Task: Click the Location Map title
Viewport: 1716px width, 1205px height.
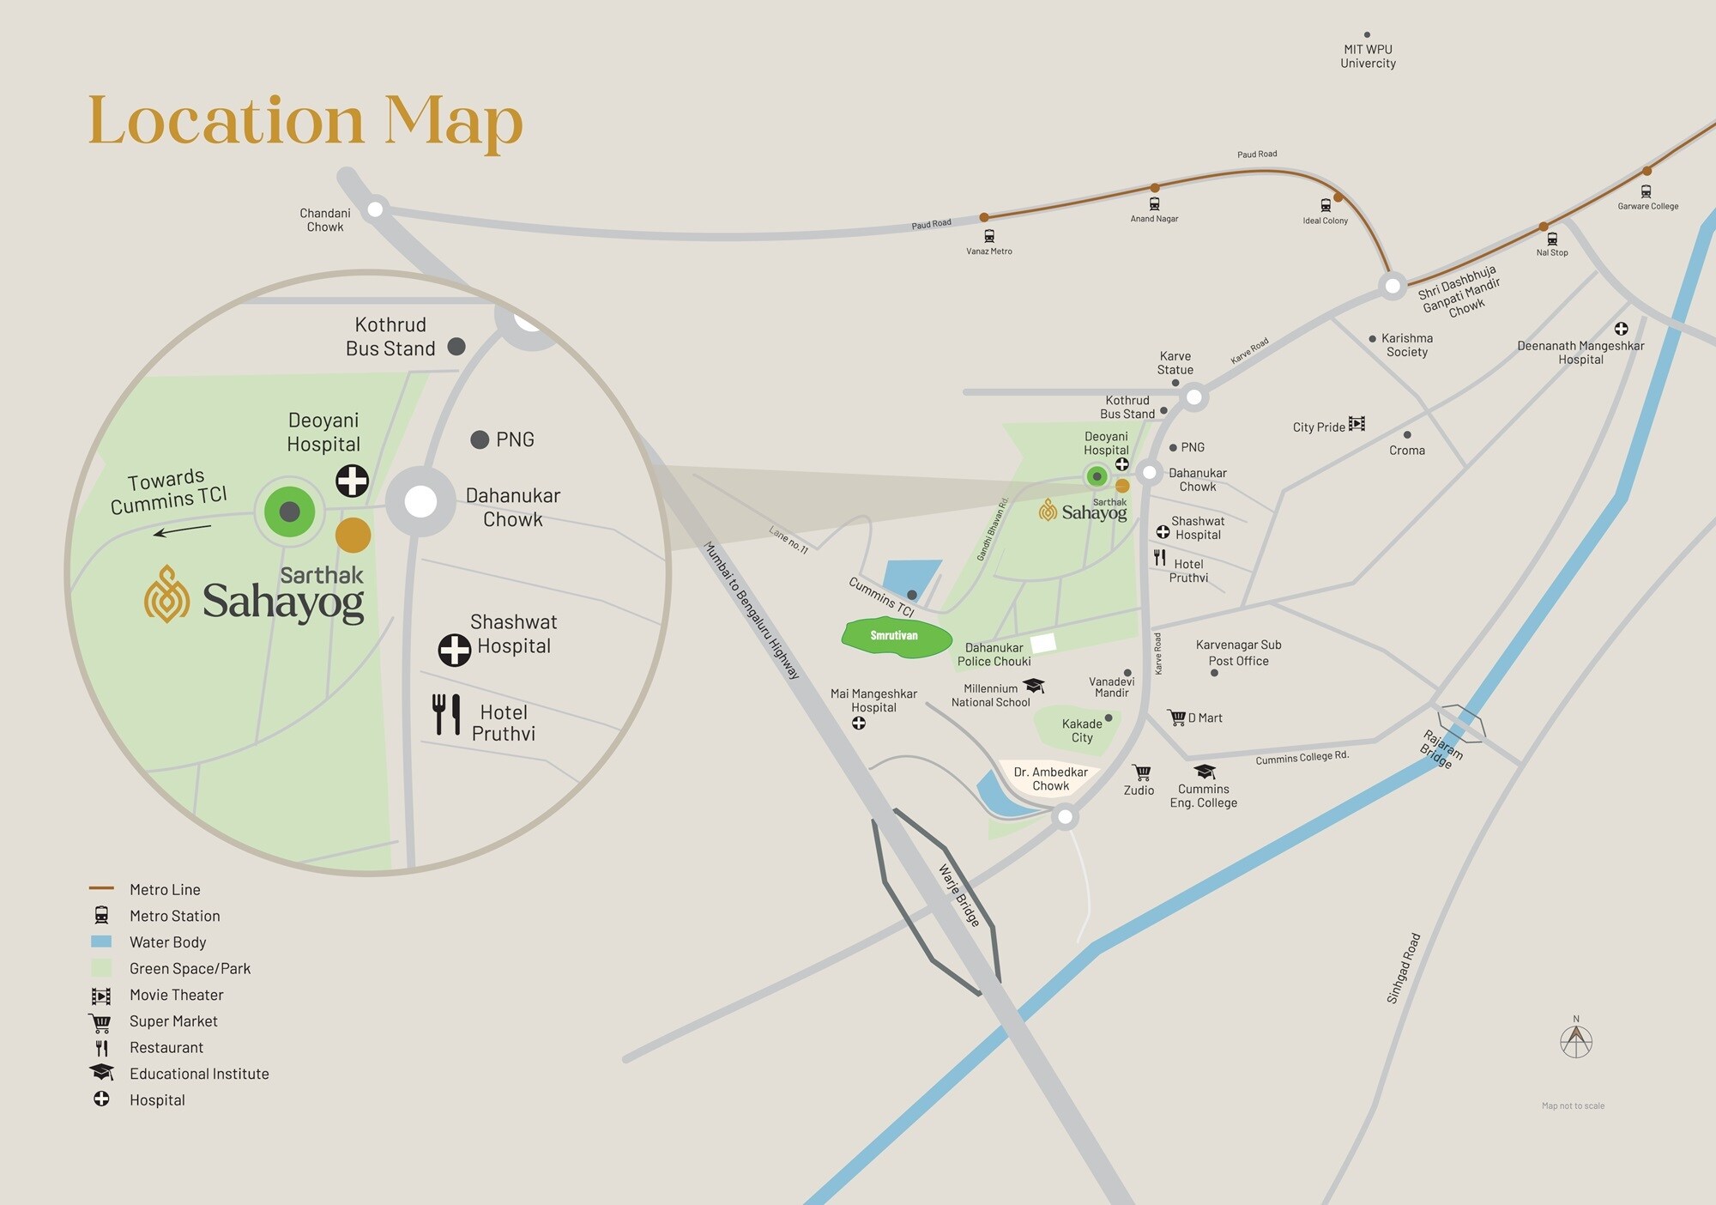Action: coord(305,121)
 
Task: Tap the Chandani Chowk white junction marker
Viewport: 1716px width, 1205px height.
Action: coord(375,209)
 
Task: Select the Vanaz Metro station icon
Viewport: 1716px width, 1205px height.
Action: coord(989,236)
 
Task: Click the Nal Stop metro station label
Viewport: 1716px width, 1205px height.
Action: coord(1551,252)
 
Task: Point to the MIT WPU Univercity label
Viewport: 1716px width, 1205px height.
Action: coord(1368,57)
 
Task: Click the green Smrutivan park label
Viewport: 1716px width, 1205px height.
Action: coord(894,636)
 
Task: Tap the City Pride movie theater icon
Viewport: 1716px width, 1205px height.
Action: coord(1356,424)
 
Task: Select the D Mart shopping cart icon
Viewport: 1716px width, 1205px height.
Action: coord(1176,718)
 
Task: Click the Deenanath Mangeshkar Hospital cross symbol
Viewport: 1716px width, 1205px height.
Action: coord(1621,329)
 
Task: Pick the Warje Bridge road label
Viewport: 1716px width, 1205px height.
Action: coord(959,895)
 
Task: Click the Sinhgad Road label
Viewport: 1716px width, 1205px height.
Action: coord(1404,968)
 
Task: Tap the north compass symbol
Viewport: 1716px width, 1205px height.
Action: coord(1576,1041)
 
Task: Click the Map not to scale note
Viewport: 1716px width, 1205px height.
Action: coord(1573,1105)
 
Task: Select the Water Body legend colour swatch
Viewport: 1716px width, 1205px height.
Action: coord(101,942)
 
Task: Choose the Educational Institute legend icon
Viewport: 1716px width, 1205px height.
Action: coord(101,1073)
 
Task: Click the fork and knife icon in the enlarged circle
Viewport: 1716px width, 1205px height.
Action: coord(446,714)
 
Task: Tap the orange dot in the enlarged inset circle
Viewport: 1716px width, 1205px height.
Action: coord(353,535)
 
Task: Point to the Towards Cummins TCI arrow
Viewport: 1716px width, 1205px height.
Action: coord(182,530)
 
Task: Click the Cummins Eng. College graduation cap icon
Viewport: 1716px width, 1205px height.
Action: coord(1205,772)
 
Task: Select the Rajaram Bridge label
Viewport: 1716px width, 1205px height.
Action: coord(1441,748)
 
